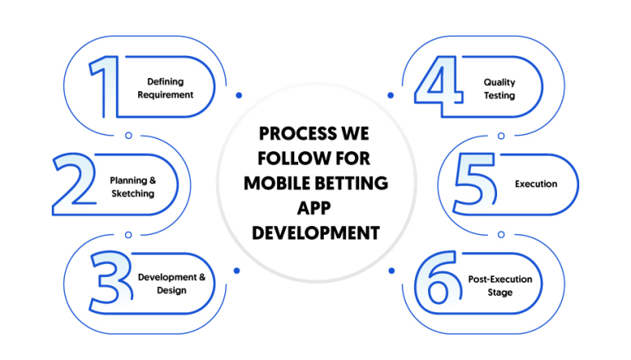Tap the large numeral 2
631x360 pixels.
[x=75, y=183]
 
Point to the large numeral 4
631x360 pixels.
[x=439, y=86]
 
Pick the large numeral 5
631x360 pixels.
[x=475, y=183]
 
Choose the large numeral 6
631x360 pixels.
[x=438, y=278]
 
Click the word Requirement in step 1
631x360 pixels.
[x=165, y=95]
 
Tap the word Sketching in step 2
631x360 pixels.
[x=133, y=194]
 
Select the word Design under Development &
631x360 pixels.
[x=172, y=290]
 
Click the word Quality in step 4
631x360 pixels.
[x=500, y=82]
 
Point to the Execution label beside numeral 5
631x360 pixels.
[x=536, y=184]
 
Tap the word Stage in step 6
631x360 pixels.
[x=500, y=293]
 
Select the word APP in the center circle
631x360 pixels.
[x=314, y=208]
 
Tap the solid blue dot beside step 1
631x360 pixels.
[x=239, y=95]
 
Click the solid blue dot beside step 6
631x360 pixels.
[x=392, y=271]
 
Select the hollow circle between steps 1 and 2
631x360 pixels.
[x=128, y=136]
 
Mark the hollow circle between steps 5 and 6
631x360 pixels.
[x=501, y=234]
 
